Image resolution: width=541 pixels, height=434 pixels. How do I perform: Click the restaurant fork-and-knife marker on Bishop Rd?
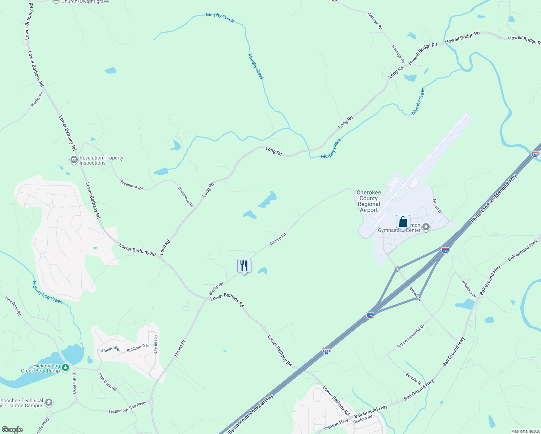pyautogui.click(x=244, y=266)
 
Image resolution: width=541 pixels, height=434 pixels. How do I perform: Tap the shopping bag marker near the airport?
pyautogui.click(x=403, y=222)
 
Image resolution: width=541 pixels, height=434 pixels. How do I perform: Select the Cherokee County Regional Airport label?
pyautogui.click(x=369, y=201)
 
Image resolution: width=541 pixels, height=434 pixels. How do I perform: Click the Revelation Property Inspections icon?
pyautogui.click(x=74, y=159)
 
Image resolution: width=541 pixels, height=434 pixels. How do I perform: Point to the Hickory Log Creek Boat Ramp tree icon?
pyautogui.click(x=65, y=368)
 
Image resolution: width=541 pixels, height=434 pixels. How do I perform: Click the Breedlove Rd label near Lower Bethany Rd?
pyautogui.click(x=131, y=185)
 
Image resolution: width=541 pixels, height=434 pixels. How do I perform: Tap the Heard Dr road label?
pyautogui.click(x=180, y=348)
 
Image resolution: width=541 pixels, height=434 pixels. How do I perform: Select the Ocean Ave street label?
pyautogui.click(x=156, y=344)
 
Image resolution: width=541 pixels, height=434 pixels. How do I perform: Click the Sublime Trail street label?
pyautogui.click(x=138, y=348)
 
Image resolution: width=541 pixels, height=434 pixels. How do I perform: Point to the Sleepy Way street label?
pyautogui.click(x=110, y=349)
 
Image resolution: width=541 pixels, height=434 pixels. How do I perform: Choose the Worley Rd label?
pyautogui.click(x=37, y=99)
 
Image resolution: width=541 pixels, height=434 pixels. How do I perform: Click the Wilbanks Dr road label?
pyautogui.click(x=469, y=288)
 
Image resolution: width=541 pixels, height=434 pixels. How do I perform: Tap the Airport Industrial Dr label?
pyautogui.click(x=410, y=337)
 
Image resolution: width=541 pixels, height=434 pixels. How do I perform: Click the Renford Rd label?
pyautogui.click(x=363, y=419)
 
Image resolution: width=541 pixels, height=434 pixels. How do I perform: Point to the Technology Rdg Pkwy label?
pyautogui.click(x=127, y=407)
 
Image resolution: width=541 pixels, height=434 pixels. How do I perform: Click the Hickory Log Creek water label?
pyautogui.click(x=47, y=292)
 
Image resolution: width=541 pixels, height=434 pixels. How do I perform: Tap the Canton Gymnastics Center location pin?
pyautogui.click(x=426, y=227)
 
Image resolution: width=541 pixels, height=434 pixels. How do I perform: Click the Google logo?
pyautogui.click(x=12, y=430)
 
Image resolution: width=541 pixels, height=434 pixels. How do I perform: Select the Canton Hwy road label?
pyautogui.click(x=336, y=425)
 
